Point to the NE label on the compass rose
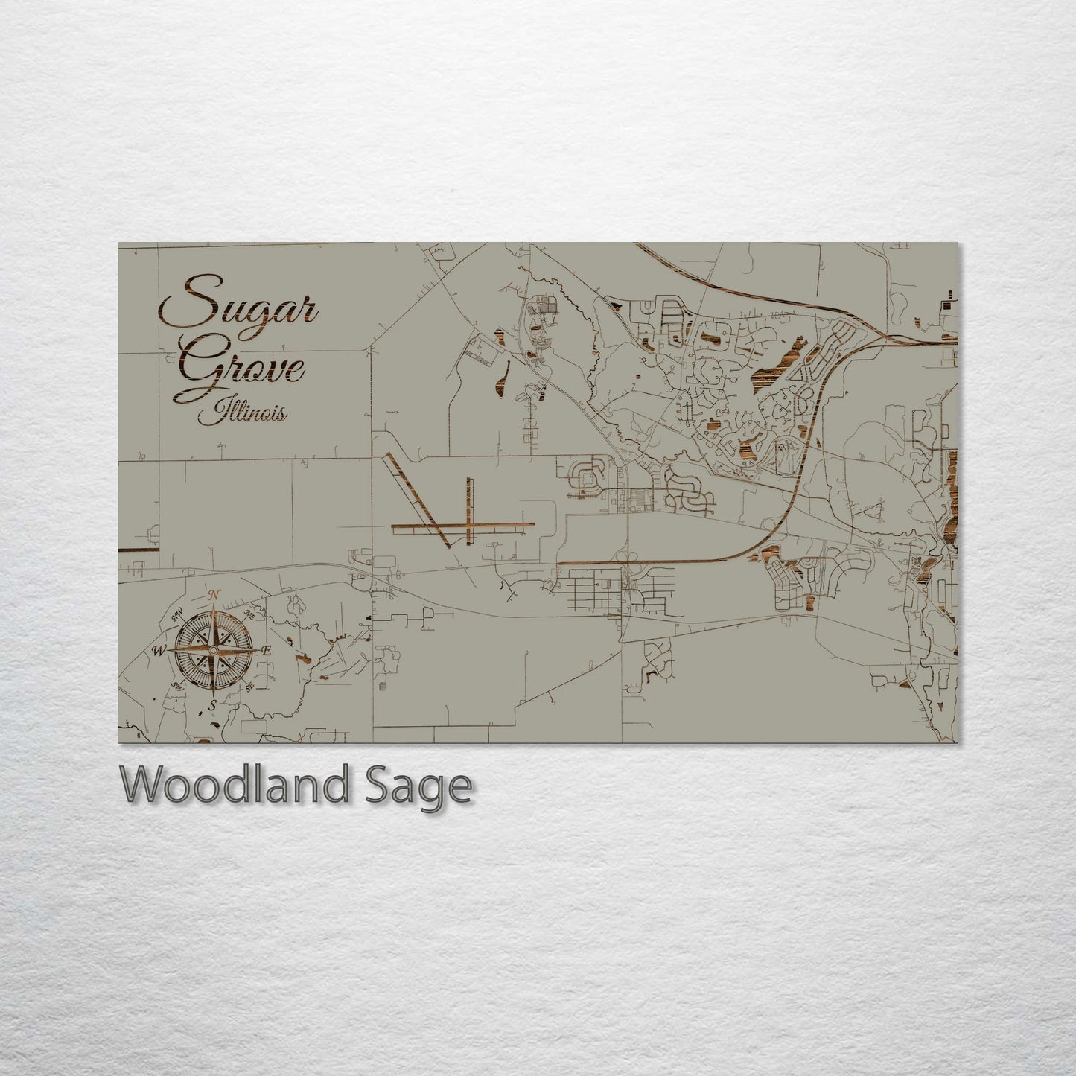[249, 614]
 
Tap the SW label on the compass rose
[178, 686]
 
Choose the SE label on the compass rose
[249, 686]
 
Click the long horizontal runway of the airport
[462, 528]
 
